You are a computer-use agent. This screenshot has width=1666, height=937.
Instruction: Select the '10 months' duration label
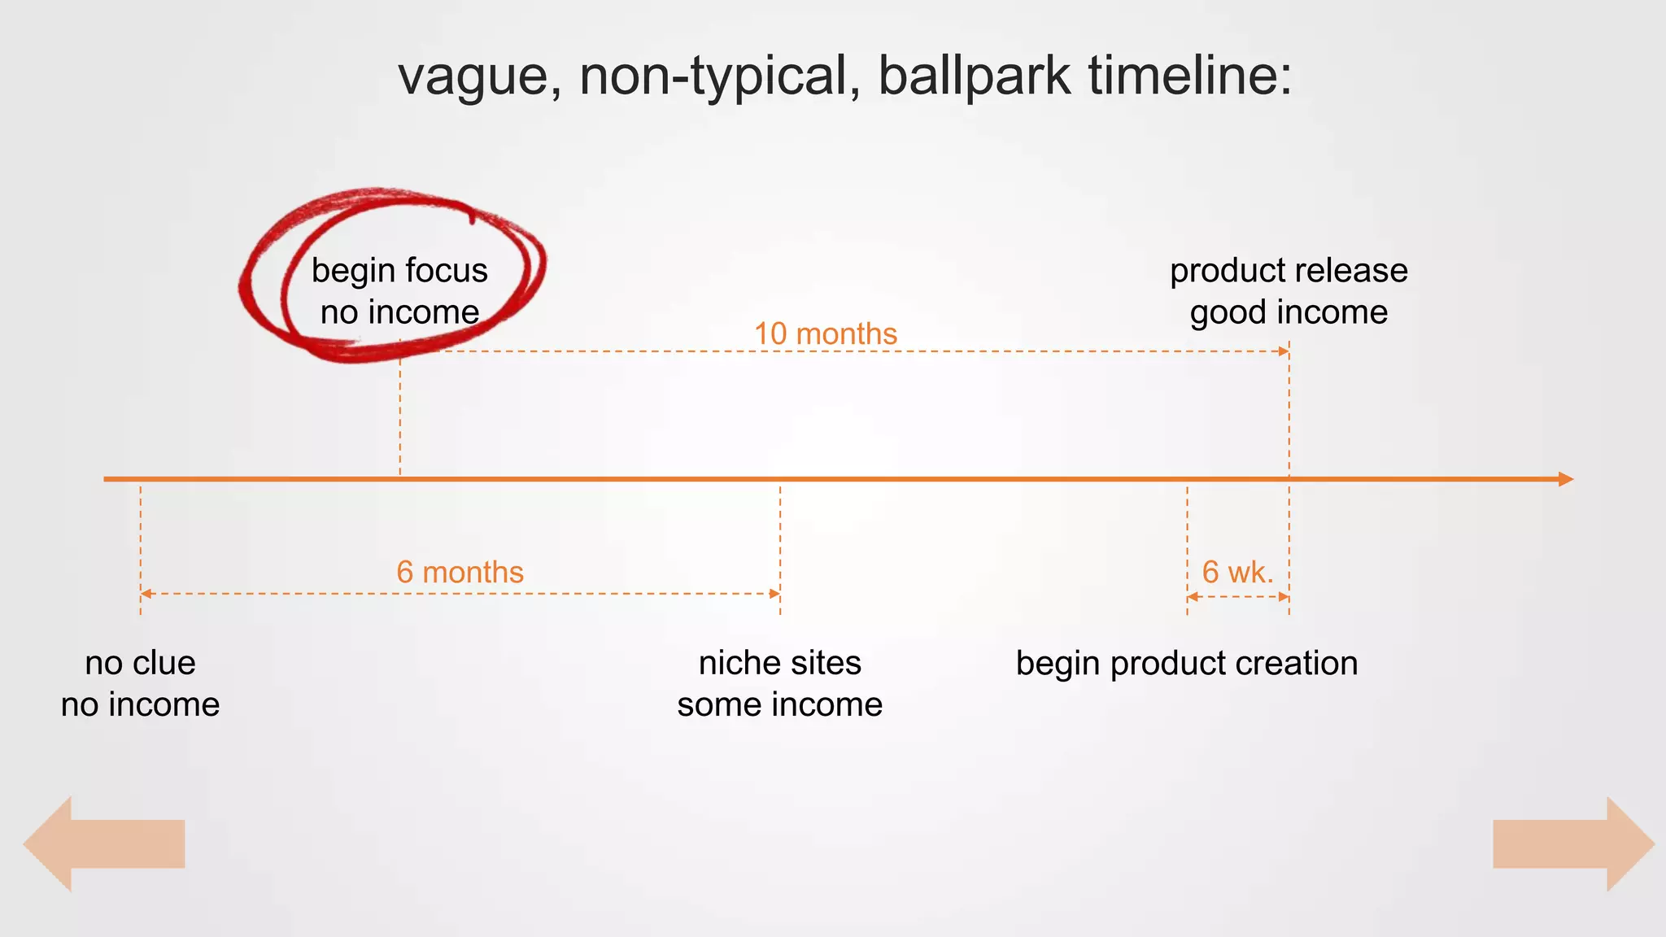click(825, 333)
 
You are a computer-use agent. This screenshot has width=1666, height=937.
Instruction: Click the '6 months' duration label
click(460, 572)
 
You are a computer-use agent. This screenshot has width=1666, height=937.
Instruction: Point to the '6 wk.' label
click(1237, 572)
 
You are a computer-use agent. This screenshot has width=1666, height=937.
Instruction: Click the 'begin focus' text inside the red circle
click(399, 270)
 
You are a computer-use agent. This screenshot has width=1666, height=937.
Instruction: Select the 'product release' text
click(1289, 270)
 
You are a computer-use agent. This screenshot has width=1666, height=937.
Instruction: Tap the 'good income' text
click(1289, 312)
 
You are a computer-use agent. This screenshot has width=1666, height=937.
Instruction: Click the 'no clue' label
click(140, 663)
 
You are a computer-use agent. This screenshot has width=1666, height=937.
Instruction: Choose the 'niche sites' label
click(779, 663)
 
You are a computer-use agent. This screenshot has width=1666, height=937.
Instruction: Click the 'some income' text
click(779, 704)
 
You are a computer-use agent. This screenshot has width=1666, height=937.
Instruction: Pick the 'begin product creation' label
click(1187, 663)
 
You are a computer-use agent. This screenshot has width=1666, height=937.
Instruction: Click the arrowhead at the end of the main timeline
click(1565, 479)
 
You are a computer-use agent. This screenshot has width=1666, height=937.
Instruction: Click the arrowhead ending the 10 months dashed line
click(1284, 351)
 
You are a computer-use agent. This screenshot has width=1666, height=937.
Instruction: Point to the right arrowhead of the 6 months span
click(774, 594)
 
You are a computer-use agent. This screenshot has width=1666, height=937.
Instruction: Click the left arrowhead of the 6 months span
click(146, 594)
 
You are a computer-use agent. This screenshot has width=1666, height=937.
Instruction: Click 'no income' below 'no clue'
click(140, 704)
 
